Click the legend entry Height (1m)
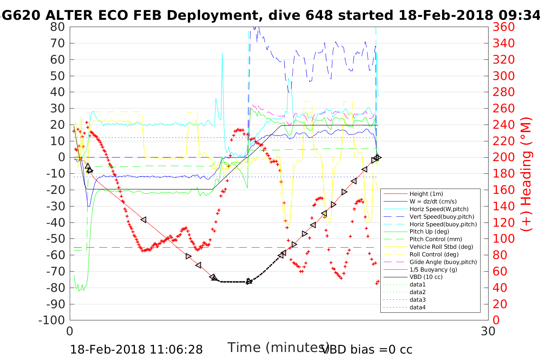pyautogui.click(x=426, y=194)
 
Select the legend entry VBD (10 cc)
pyautogui.click(x=426, y=277)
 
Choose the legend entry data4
pyautogui.click(x=417, y=307)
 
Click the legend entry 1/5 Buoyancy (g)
pyautogui.click(x=433, y=269)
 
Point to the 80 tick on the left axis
pyautogui.click(x=58, y=27)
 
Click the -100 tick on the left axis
pyautogui.click(x=54, y=320)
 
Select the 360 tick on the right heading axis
pyautogui.click(x=504, y=27)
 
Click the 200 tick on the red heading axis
pyautogui.click(x=504, y=157)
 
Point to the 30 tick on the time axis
pyautogui.click(x=488, y=331)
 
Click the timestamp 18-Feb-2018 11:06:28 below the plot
pyautogui.click(x=136, y=349)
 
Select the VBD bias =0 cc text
pyautogui.click(x=367, y=349)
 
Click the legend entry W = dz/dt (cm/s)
pyautogui.click(x=433, y=202)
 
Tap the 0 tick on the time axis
pyautogui.click(x=70, y=331)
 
